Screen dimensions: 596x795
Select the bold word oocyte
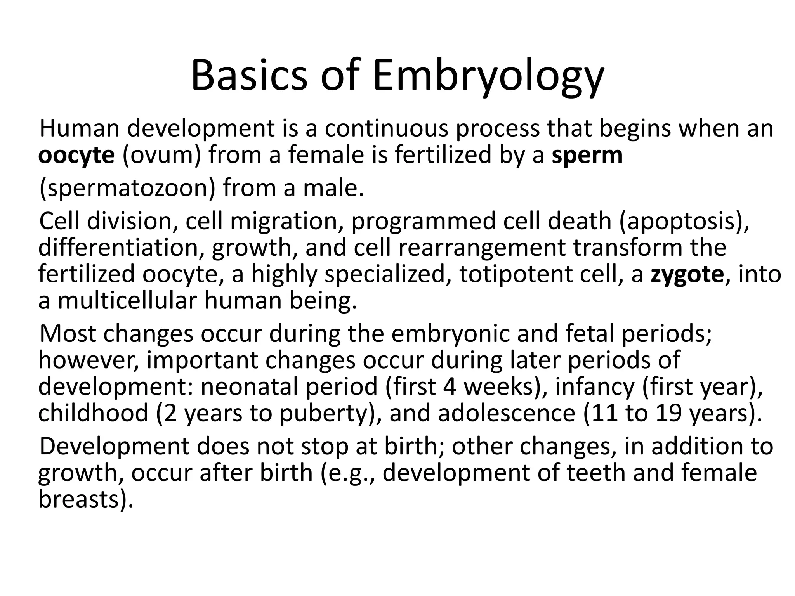[x=76, y=155]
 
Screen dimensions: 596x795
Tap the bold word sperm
[x=587, y=155]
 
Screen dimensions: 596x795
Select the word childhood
[x=94, y=413]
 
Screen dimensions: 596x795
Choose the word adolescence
[x=507, y=413]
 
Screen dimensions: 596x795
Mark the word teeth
[x=596, y=473]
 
